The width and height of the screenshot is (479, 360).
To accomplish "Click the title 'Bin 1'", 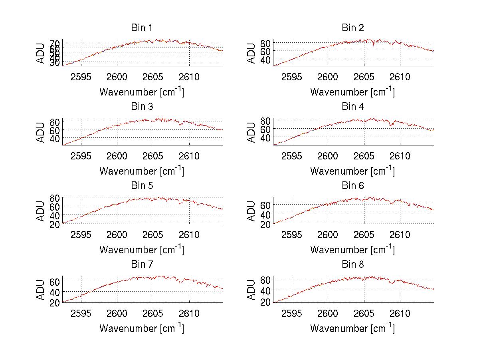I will point(142,28).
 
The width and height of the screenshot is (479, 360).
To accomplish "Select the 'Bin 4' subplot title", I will point(353,107).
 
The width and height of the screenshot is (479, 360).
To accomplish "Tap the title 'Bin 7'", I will point(142,265).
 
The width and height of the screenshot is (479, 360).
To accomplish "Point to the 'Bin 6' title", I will point(353,186).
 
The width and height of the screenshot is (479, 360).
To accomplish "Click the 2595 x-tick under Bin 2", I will point(292,77).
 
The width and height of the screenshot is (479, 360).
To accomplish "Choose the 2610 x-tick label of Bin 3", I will point(189,156).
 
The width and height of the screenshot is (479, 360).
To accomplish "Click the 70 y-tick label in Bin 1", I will point(55,43).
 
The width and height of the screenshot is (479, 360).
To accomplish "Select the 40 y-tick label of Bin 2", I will point(266,60).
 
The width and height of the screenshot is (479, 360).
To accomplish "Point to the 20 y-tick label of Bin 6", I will point(266,225).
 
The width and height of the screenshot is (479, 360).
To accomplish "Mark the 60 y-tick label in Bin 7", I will point(55,281).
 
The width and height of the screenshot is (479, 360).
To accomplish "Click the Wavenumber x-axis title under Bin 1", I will point(142,91).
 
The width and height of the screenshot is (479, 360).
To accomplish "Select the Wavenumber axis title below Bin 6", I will point(352,249).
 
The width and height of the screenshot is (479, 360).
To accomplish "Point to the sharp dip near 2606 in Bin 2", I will point(374,46).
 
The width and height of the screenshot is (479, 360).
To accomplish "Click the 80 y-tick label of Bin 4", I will point(266,120).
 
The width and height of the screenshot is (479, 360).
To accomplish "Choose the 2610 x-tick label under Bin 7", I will point(189,314).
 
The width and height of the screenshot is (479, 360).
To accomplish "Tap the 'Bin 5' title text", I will point(142,186).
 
